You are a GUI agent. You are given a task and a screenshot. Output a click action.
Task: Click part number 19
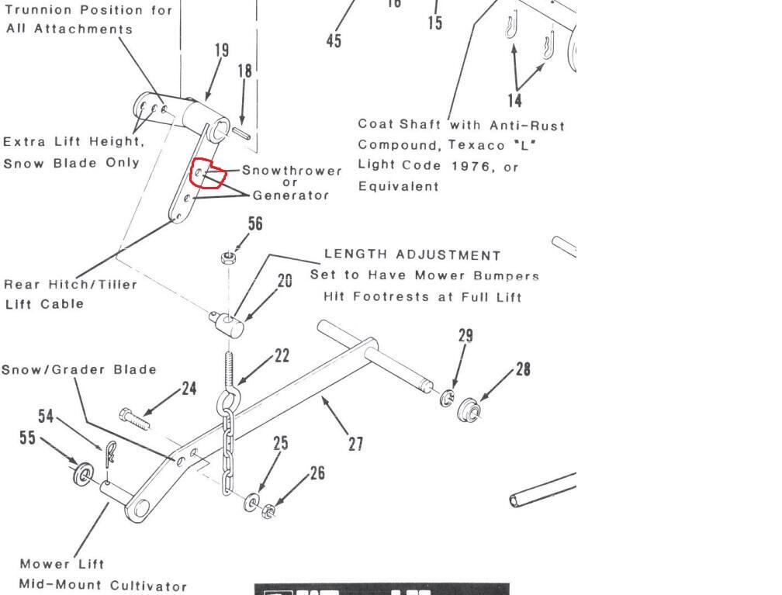coord(222,50)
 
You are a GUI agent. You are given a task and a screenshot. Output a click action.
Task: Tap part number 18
coord(244,71)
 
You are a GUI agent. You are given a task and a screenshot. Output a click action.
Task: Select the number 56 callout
coord(254,223)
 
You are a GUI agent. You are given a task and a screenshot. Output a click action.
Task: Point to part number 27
coord(355,444)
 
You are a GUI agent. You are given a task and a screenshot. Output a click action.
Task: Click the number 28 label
coord(523,369)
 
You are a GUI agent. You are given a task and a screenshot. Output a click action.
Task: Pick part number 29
coord(465,336)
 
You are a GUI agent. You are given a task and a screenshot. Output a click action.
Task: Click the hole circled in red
coord(199,172)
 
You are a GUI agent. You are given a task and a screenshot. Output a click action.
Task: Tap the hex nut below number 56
coord(228,258)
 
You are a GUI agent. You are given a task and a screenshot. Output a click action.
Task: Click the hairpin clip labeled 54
coord(110,453)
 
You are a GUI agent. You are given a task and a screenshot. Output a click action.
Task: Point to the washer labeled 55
coord(83,473)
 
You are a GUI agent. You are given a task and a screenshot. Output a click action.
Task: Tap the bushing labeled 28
coord(469,410)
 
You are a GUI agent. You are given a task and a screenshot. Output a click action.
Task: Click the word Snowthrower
coord(292,171)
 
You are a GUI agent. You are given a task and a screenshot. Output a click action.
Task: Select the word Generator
coord(291,195)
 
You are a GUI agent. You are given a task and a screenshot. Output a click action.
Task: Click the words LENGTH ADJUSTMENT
coord(413,255)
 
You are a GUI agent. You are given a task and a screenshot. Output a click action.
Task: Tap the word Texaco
coord(477,145)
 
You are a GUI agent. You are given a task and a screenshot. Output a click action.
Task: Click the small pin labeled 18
coord(240,133)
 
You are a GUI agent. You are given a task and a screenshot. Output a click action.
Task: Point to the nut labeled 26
coord(268,510)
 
